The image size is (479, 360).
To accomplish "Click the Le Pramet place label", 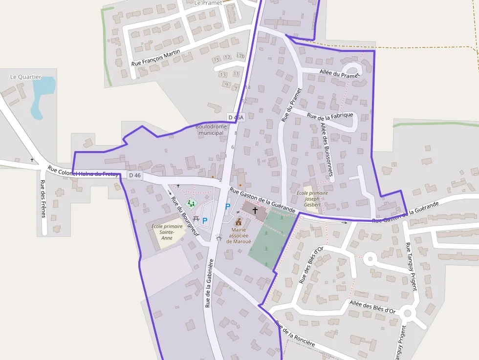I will [x=208, y=3].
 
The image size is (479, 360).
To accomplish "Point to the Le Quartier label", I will [x=26, y=77].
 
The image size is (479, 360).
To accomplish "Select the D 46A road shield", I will [x=236, y=117].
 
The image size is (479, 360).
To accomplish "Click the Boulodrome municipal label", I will [x=211, y=129].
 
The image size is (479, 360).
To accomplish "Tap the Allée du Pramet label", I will [x=339, y=75].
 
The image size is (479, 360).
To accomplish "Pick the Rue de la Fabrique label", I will [x=330, y=116].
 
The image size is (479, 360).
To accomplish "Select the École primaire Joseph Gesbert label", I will [x=312, y=199].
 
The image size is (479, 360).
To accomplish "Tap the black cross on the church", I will [x=255, y=210].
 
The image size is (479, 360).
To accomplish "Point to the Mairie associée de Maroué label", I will [x=238, y=235].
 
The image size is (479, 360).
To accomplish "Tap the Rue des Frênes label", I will [x=44, y=199].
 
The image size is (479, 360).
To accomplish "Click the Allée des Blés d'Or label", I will [x=372, y=307].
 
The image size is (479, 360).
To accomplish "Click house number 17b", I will [x=240, y=56].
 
